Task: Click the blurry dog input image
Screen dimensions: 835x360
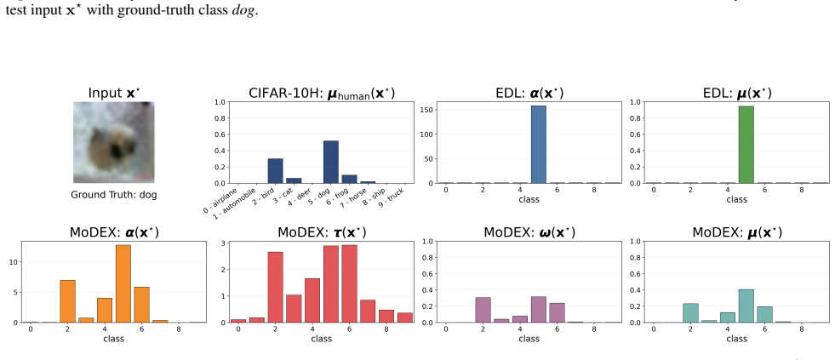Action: click(x=114, y=142)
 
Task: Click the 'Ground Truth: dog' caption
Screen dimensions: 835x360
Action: click(x=114, y=195)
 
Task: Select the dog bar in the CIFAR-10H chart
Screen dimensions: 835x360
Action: click(x=331, y=162)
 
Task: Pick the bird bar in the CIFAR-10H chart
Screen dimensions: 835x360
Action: click(x=275, y=171)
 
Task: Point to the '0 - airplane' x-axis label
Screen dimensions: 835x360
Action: click(x=220, y=201)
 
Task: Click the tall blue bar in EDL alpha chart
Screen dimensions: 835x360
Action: click(x=539, y=145)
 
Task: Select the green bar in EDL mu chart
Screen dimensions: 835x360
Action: click(x=746, y=145)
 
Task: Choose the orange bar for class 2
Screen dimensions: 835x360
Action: click(x=67, y=301)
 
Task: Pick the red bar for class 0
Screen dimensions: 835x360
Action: click(x=238, y=321)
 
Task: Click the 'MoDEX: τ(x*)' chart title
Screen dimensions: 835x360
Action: click(x=322, y=232)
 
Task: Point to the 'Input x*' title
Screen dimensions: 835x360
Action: click(x=114, y=94)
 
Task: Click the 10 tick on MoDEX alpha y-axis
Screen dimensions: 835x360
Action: click(x=13, y=262)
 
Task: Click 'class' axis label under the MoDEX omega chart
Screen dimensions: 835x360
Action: click(x=529, y=338)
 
